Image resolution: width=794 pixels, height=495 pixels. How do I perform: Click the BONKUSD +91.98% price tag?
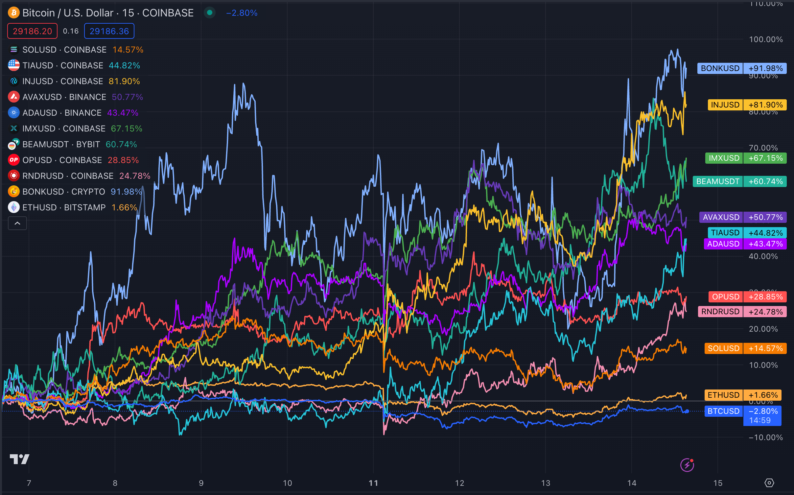(x=742, y=68)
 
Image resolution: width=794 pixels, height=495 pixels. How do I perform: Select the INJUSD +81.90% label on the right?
(x=747, y=105)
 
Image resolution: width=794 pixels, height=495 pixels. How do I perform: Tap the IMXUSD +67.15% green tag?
(x=746, y=158)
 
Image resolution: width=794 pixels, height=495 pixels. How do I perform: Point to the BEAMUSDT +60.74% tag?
(x=739, y=181)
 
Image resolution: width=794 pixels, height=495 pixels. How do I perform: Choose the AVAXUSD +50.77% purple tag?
(x=743, y=217)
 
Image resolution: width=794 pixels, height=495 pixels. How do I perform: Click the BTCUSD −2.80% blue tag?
(x=742, y=412)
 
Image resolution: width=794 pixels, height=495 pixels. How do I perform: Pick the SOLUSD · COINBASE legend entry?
(x=64, y=50)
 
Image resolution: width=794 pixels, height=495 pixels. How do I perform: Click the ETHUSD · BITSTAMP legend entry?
(x=64, y=207)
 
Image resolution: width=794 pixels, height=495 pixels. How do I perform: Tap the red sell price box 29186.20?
(x=32, y=31)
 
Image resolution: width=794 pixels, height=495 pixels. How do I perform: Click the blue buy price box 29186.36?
(x=109, y=31)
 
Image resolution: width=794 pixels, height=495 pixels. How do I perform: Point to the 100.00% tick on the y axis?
(x=766, y=39)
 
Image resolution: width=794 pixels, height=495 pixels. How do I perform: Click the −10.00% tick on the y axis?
(x=766, y=437)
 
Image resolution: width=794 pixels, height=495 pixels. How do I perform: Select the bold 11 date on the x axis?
(x=373, y=483)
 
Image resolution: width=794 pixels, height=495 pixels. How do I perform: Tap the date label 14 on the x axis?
(x=632, y=483)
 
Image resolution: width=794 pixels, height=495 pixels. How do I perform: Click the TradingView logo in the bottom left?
(x=19, y=459)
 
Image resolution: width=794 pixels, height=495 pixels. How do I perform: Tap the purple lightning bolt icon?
(x=687, y=465)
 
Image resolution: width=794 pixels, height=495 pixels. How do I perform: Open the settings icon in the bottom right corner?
(x=769, y=483)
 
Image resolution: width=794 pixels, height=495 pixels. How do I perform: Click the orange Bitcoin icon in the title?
(x=14, y=13)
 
